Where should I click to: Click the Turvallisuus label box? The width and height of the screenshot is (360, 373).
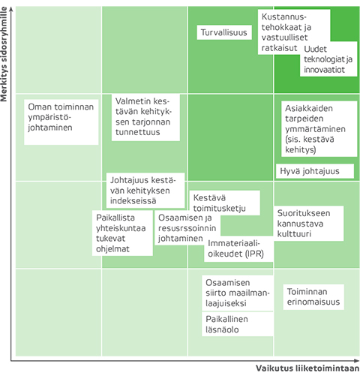click(x=224, y=32)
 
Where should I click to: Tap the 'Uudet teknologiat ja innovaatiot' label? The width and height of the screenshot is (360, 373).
click(x=328, y=59)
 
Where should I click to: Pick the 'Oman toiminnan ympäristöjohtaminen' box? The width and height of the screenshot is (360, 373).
click(x=61, y=122)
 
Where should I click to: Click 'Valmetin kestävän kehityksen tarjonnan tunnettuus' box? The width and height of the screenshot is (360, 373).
click(x=145, y=117)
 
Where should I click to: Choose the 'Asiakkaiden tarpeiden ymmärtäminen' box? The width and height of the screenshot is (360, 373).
click(x=319, y=129)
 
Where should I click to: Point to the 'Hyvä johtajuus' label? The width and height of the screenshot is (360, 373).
click(x=315, y=171)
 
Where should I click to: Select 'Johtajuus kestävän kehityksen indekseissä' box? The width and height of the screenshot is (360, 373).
click(x=145, y=191)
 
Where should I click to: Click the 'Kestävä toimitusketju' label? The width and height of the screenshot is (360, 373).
click(x=225, y=203)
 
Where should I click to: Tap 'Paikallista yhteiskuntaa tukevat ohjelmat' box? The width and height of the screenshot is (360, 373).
click(x=122, y=233)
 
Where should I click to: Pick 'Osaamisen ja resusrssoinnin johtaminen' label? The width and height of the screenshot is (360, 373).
click(x=187, y=228)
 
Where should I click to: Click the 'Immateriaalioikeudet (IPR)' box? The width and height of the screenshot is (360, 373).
click(x=238, y=249)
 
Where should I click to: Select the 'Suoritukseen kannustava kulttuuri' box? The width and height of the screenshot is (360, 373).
click(x=309, y=224)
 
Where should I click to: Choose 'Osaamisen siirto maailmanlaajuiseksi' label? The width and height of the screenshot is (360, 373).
click(x=238, y=293)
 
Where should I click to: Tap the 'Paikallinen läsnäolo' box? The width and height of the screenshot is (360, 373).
click(x=238, y=324)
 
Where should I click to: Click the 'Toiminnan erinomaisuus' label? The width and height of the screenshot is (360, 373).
click(x=313, y=297)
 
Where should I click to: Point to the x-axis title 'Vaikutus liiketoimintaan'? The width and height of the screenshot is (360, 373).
click(x=307, y=368)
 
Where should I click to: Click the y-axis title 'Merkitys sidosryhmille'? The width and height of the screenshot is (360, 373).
click(x=4, y=54)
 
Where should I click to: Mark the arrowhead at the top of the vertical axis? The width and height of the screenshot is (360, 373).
click(x=11, y=8)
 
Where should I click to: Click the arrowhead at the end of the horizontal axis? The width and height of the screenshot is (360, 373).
click(x=357, y=361)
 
